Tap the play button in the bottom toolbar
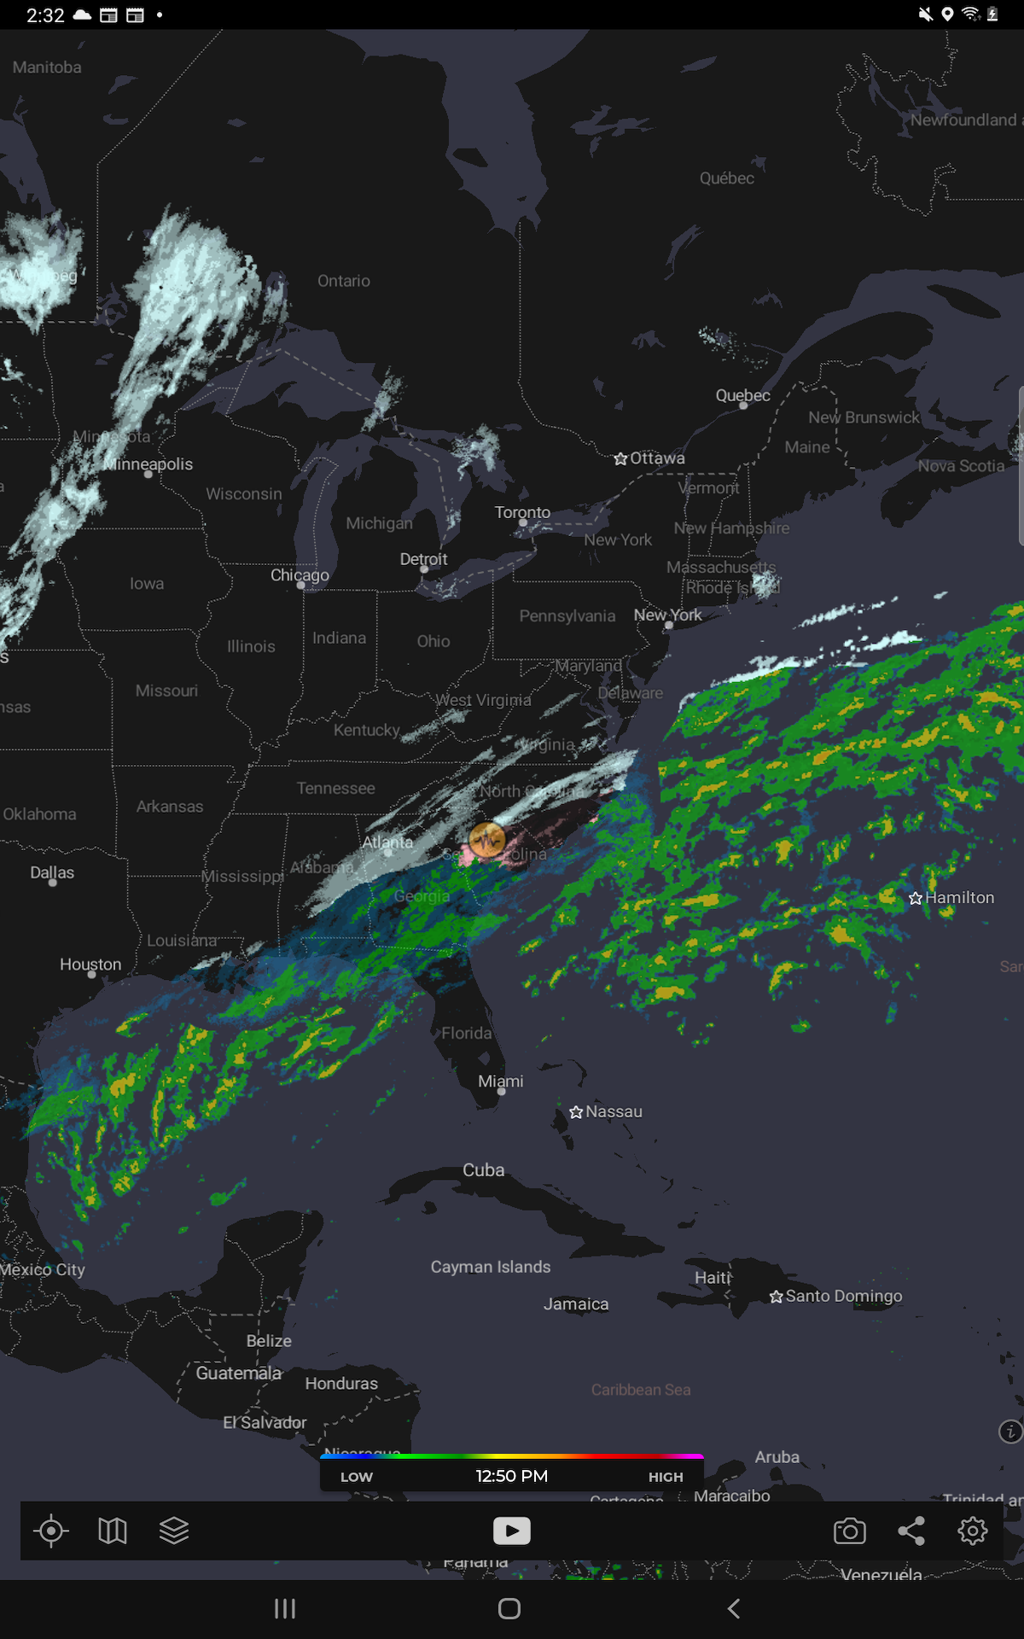point(512,1531)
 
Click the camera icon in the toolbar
point(849,1531)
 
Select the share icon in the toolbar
point(911,1531)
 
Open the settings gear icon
point(973,1531)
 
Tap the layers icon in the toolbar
point(174,1531)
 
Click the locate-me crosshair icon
point(51,1531)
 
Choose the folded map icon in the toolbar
point(113,1531)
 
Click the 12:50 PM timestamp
point(512,1476)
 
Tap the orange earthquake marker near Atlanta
point(487,840)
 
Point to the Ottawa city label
point(657,458)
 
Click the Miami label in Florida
point(501,1081)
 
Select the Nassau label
point(614,1111)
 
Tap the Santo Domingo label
point(843,1296)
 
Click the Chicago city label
point(300,575)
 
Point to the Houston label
point(90,964)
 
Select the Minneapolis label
point(148,464)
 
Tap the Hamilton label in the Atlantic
point(959,897)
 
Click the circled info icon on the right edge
point(1010,1432)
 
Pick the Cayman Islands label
point(491,1267)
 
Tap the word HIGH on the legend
point(666,1477)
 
